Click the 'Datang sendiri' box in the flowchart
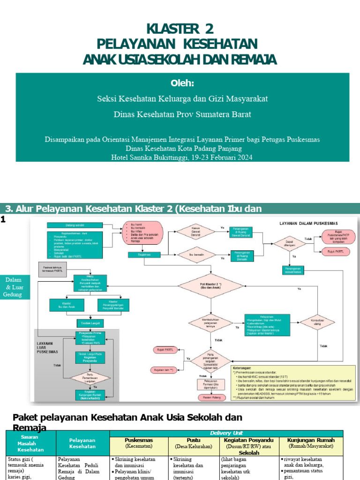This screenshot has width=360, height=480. tap(75, 225)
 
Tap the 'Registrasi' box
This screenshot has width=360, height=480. tap(144, 255)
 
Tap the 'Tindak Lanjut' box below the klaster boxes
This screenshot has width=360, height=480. tap(90, 323)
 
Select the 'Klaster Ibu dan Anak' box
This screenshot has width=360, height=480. tap(67, 305)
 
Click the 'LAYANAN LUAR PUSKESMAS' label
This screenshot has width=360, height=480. tap(48, 346)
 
